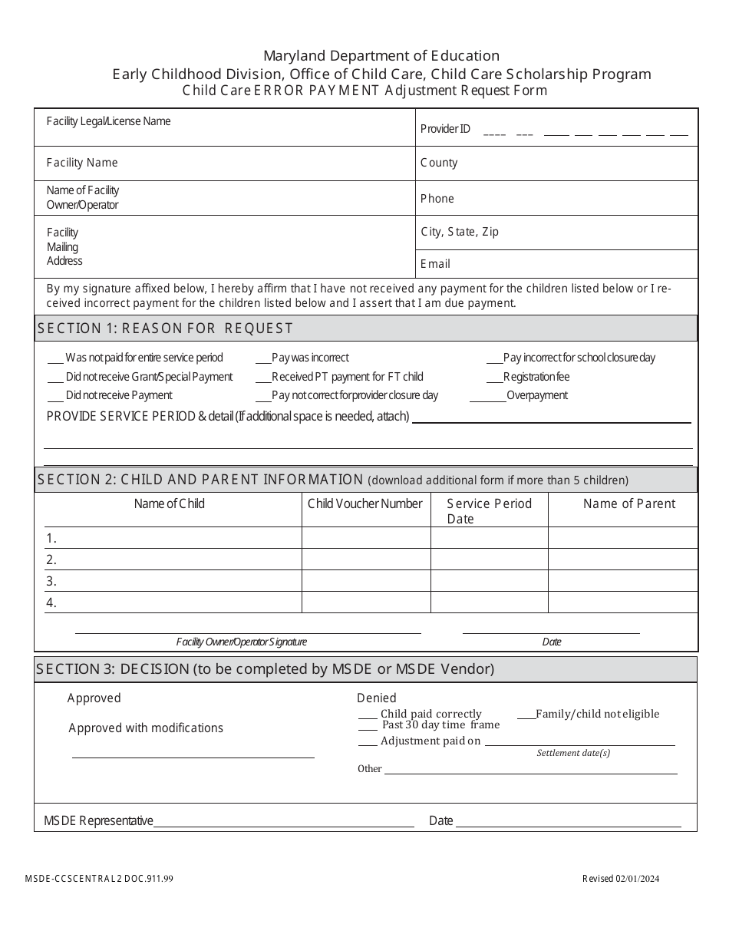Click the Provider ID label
(x=445, y=129)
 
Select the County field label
(x=439, y=163)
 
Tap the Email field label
(x=435, y=263)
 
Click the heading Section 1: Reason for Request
(x=165, y=328)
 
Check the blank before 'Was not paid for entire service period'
(x=55, y=358)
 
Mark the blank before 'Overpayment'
(x=487, y=396)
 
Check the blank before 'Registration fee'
(x=494, y=378)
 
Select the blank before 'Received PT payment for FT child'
(x=262, y=378)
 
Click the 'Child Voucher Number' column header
(x=365, y=504)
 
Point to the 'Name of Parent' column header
(x=629, y=504)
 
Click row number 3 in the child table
(x=51, y=581)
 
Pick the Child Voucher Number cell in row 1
(x=366, y=538)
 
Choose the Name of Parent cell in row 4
(x=622, y=602)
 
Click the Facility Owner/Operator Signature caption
(x=242, y=642)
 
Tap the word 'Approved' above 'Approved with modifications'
(x=94, y=698)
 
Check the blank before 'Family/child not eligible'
(x=526, y=715)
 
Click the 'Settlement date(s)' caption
(x=573, y=753)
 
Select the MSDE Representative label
(x=98, y=821)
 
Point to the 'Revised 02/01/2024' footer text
(x=620, y=880)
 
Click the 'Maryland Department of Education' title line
(x=381, y=56)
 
